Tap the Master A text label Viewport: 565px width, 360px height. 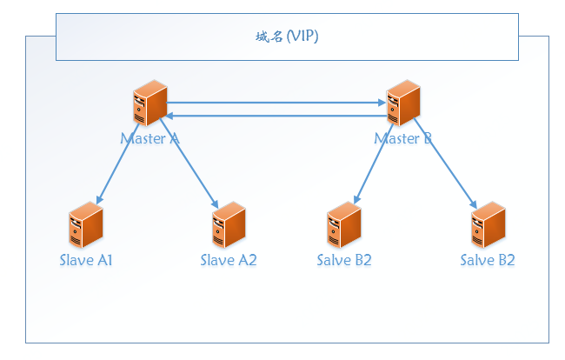click(x=150, y=138)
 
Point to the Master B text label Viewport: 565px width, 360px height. click(x=403, y=138)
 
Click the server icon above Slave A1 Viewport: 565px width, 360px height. click(x=86, y=225)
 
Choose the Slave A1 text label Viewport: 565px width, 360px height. click(x=86, y=260)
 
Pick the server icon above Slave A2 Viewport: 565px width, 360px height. click(x=229, y=225)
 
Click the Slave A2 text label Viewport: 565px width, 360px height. click(x=229, y=260)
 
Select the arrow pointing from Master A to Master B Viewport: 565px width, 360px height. click(x=276, y=103)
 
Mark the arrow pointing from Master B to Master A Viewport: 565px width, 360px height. click(x=276, y=115)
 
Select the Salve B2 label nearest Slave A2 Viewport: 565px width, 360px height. click(x=344, y=260)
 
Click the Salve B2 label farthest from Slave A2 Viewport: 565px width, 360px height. click(x=488, y=260)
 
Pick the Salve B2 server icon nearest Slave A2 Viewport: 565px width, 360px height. click(x=344, y=225)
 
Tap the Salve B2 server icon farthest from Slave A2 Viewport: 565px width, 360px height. click(x=488, y=225)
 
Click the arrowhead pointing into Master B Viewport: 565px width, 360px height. click(x=382, y=103)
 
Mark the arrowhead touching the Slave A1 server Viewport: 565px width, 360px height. click(x=98, y=201)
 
